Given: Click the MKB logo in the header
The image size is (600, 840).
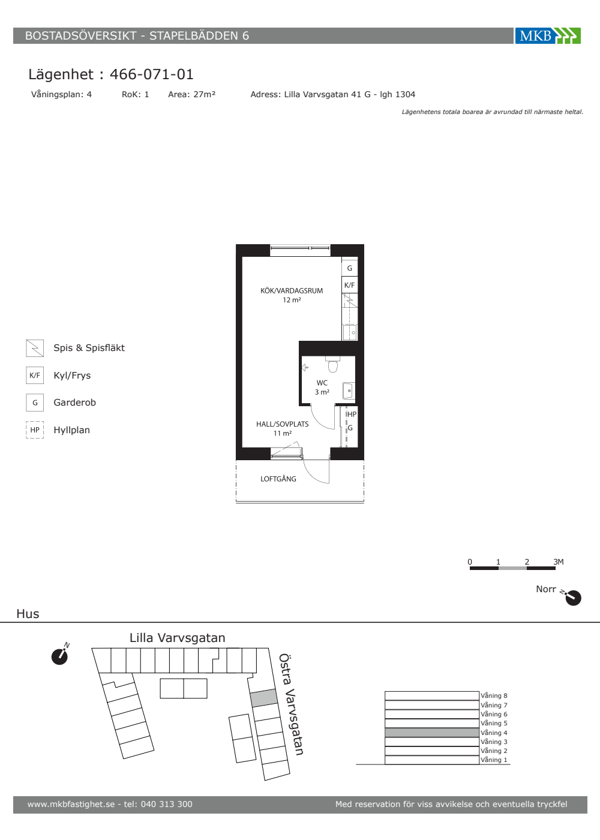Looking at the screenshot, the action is pyautogui.click(x=548, y=35).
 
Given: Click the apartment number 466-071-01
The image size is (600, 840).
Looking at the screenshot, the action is pyautogui.click(x=151, y=74).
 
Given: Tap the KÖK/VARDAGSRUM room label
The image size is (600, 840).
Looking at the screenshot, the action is pyautogui.click(x=292, y=290).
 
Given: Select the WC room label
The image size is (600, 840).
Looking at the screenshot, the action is pyautogui.click(x=322, y=383).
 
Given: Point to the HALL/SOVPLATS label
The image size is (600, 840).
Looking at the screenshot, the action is pyautogui.click(x=283, y=424).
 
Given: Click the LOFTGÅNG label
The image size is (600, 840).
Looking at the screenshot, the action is pyautogui.click(x=278, y=479).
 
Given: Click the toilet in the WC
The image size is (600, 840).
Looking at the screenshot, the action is pyautogui.click(x=332, y=364).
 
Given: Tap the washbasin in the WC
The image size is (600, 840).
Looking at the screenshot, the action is pyautogui.click(x=349, y=391).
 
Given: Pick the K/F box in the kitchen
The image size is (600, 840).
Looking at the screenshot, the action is pyautogui.click(x=349, y=285).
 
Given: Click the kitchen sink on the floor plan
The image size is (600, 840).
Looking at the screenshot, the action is pyautogui.click(x=350, y=332).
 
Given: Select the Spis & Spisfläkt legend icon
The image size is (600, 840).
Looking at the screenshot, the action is pyautogui.click(x=35, y=348).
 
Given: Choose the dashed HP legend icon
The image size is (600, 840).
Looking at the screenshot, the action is pyautogui.click(x=35, y=430).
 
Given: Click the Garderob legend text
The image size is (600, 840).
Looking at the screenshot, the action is pyautogui.click(x=74, y=403).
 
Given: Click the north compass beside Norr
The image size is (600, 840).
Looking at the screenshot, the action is pyautogui.click(x=572, y=598).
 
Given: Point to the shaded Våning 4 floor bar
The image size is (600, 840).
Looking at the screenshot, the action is pyautogui.click(x=432, y=733).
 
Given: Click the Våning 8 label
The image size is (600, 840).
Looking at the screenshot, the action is pyautogui.click(x=494, y=695).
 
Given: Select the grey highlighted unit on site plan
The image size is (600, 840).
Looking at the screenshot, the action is pyautogui.click(x=264, y=698).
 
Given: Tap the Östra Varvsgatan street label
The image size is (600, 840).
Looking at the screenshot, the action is pyautogui.click(x=291, y=704).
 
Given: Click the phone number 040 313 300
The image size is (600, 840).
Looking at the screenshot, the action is pyautogui.click(x=167, y=804).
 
